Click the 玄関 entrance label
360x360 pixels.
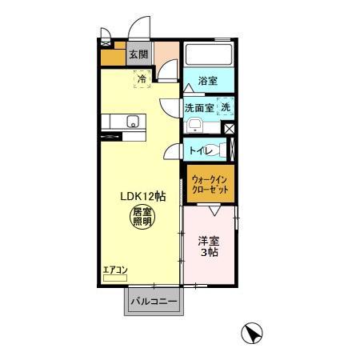tap(138, 54)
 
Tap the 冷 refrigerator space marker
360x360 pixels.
tap(142, 79)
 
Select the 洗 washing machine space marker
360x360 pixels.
tap(226, 107)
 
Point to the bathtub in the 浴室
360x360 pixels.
tap(209, 54)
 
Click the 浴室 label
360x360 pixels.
tap(208, 81)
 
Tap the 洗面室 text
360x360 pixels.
tap(199, 108)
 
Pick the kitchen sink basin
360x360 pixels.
tap(132, 122)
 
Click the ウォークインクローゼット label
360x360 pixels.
tap(210, 184)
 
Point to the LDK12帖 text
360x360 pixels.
tap(143, 197)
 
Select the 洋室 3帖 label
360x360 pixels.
tap(209, 246)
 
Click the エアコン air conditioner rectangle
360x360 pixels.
tap(115, 278)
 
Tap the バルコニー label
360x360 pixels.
tap(154, 302)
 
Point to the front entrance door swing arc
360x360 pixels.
tap(134, 24)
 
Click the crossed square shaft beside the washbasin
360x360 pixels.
tap(229, 129)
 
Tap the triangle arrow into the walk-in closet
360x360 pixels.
tap(214, 210)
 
